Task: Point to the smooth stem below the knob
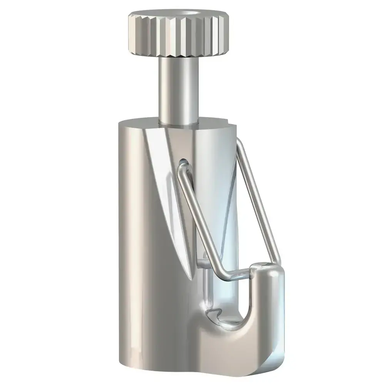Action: [177, 89]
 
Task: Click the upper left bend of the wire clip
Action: [181, 169]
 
